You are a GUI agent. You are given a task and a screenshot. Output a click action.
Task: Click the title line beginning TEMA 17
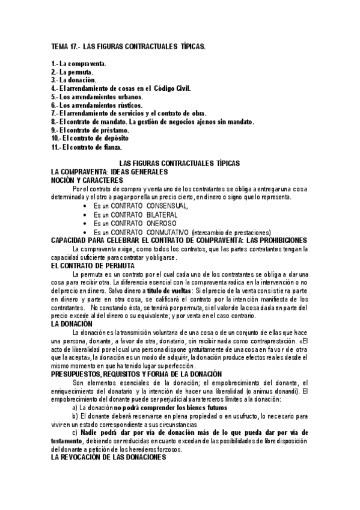pos(128,46)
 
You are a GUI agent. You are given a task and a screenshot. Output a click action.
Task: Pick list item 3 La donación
pos(76,79)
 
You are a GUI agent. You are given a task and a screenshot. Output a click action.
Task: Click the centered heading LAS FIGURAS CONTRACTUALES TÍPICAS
pos(180,163)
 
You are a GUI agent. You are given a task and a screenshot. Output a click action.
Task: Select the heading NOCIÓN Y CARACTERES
pos(87,179)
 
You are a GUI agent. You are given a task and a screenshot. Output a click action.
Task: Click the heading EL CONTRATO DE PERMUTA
pos(93,265)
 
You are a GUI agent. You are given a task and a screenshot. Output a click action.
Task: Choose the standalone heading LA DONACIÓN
pos(72,324)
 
